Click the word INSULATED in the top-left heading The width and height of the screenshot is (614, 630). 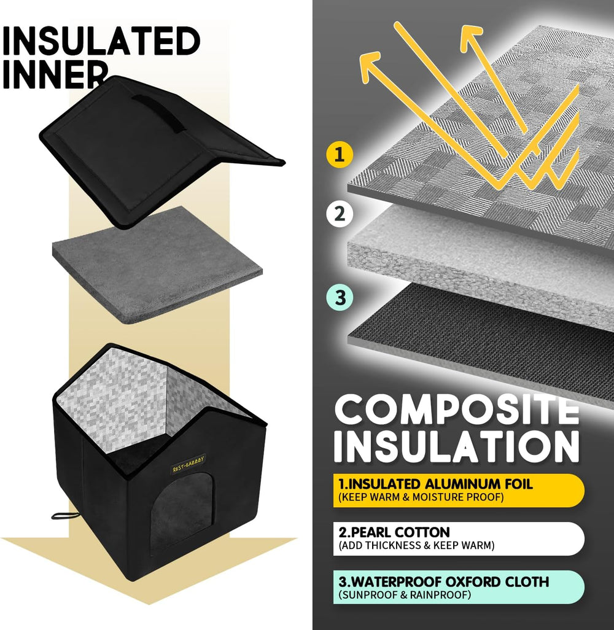point(101,41)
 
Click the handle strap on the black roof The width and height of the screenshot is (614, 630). point(160,112)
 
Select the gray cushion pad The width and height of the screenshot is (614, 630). point(157,265)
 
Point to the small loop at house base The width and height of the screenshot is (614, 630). point(61,516)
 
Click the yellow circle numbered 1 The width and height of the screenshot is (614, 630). point(340,154)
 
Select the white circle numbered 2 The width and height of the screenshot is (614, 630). point(340,214)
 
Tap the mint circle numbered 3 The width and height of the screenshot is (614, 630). point(340,298)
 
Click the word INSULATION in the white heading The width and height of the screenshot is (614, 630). point(457,446)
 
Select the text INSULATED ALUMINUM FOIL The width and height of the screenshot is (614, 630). point(435,484)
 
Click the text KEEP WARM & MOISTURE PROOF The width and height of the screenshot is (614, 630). point(421,497)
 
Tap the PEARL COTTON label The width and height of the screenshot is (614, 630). point(394,532)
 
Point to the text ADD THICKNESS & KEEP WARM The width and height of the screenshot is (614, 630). point(416,546)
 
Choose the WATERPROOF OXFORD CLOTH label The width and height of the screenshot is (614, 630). point(444,581)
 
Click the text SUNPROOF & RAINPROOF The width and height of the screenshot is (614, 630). point(404,595)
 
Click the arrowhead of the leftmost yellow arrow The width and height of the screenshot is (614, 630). point(370,66)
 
